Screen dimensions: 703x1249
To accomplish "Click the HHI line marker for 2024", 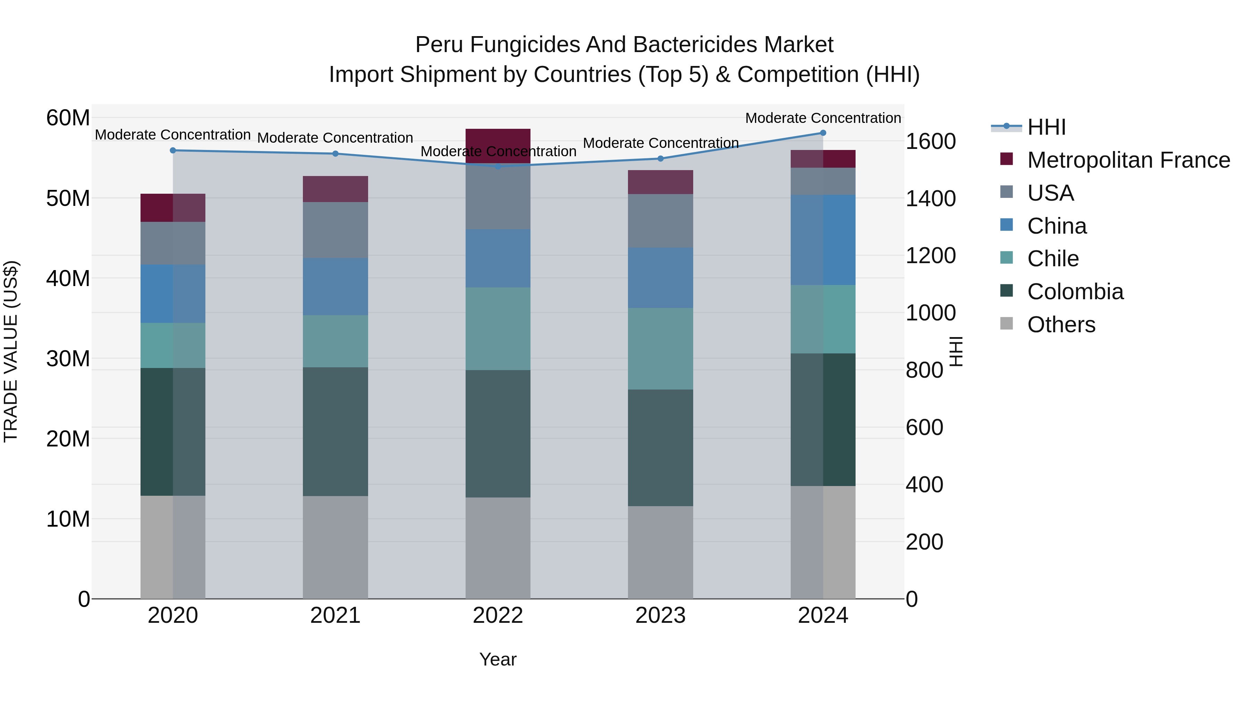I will coord(823,133).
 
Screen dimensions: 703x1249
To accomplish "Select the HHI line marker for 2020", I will coord(173,150).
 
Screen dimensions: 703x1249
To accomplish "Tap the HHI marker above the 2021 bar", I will coord(335,154).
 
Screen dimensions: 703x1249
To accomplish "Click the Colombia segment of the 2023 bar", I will coord(660,447).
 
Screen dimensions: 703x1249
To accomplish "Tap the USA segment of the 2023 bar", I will coord(660,221).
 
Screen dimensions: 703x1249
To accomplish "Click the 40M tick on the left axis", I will coord(68,278).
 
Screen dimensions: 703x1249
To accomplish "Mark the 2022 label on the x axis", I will coord(498,616).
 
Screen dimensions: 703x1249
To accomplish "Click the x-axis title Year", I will coord(498,659).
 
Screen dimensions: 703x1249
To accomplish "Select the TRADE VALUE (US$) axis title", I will coord(11,351).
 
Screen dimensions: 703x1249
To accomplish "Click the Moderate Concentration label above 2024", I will coord(823,118).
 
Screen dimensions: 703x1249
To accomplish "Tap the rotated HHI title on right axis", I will coord(955,351).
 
